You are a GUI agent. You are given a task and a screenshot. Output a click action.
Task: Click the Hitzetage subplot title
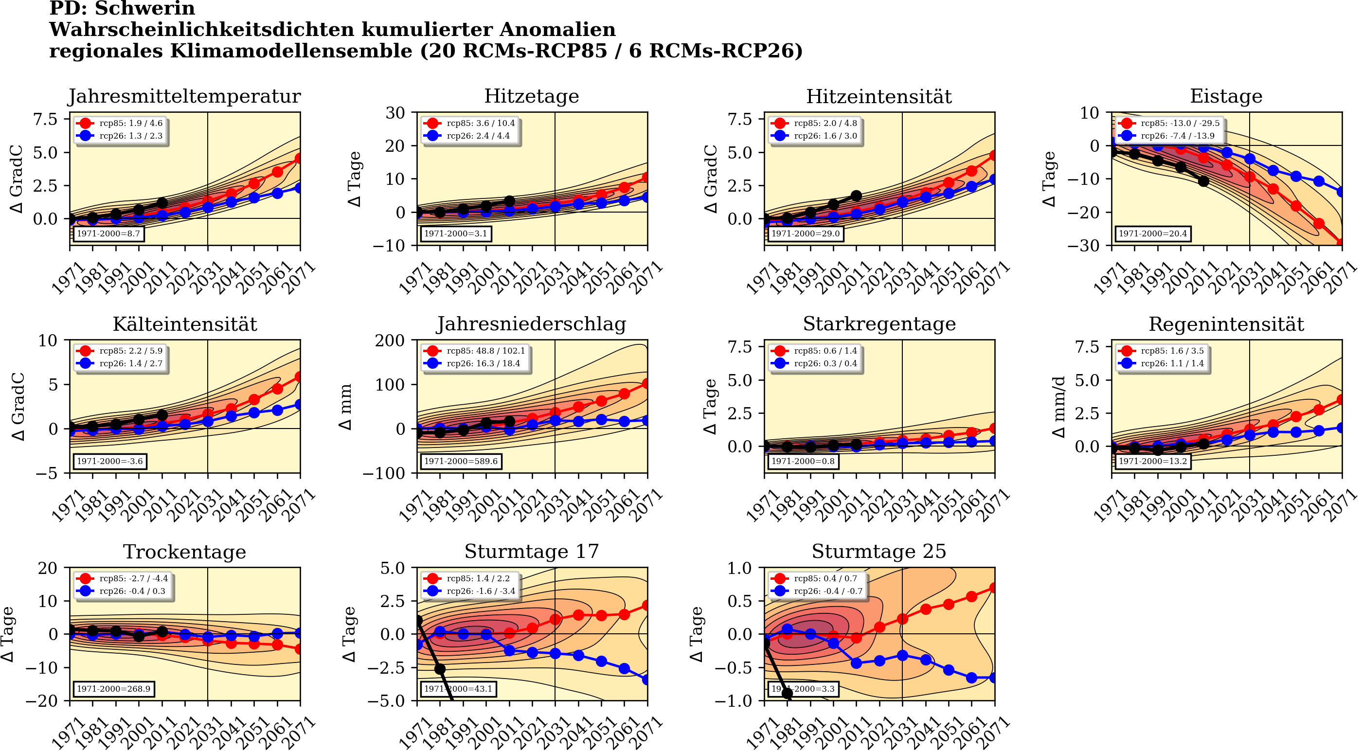(x=531, y=96)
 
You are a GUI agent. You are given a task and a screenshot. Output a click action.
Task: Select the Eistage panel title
(x=1226, y=96)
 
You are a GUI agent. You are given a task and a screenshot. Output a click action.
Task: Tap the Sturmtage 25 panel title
(x=879, y=551)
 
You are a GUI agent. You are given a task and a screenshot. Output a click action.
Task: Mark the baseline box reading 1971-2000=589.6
(x=461, y=461)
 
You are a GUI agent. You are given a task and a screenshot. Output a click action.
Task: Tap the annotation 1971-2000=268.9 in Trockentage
(x=113, y=689)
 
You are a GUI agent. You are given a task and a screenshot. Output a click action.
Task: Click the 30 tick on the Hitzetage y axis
(x=395, y=113)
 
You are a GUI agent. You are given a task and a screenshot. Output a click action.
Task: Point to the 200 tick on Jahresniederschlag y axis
(x=390, y=340)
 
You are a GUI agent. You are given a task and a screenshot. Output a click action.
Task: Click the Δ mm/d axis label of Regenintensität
(x=1058, y=407)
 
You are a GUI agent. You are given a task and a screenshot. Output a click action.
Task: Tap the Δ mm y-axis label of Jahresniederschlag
(x=345, y=407)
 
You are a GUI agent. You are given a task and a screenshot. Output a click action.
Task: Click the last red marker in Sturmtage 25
(x=994, y=588)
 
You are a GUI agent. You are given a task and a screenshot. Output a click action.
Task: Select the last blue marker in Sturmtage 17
(x=647, y=680)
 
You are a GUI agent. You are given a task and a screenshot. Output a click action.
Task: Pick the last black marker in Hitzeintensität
(x=857, y=196)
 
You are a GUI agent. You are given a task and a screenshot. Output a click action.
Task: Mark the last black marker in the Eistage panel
(x=1203, y=181)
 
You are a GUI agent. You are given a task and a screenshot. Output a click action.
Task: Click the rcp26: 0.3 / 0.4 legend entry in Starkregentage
(x=825, y=363)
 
